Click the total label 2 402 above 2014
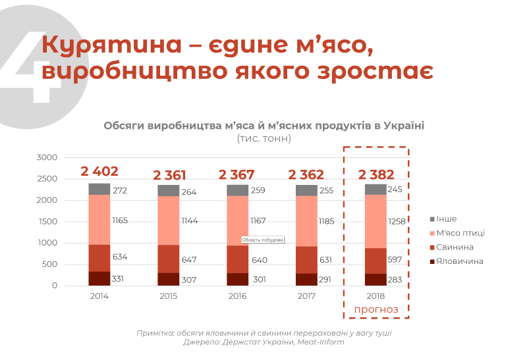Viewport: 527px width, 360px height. pyautogui.click(x=99, y=172)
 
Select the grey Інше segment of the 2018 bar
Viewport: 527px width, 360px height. pyautogui.click(x=376, y=190)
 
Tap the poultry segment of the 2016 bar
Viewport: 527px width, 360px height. pyautogui.click(x=238, y=220)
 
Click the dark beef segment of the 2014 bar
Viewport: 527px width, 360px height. pyautogui.click(x=99, y=278)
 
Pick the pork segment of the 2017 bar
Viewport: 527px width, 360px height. pyautogui.click(x=307, y=260)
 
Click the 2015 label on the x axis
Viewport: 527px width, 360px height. pyautogui.click(x=169, y=296)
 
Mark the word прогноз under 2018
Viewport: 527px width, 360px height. pyautogui.click(x=376, y=309)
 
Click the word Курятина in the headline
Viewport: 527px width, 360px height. pyautogui.click(x=110, y=46)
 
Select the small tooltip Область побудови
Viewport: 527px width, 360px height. pyautogui.click(x=263, y=240)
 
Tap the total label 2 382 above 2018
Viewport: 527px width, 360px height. pyautogui.click(x=376, y=174)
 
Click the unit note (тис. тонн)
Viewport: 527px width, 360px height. pyautogui.click(x=263, y=139)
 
